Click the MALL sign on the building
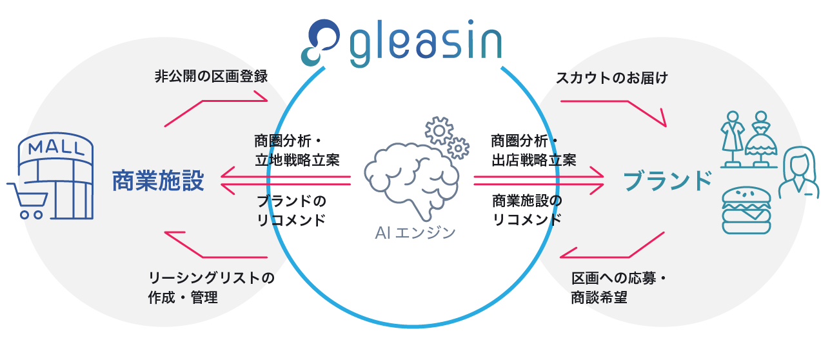coord(56,146)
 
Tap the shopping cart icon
coord(26,200)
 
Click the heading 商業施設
coord(158,181)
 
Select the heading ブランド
coord(668,181)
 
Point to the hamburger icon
coord(746,210)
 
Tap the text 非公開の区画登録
coord(211,77)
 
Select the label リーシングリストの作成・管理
coord(211,288)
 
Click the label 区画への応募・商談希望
coord(618,288)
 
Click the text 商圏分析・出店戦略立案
coord(533,150)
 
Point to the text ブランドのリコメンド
coord(291,210)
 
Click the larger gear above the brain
coord(439,130)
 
